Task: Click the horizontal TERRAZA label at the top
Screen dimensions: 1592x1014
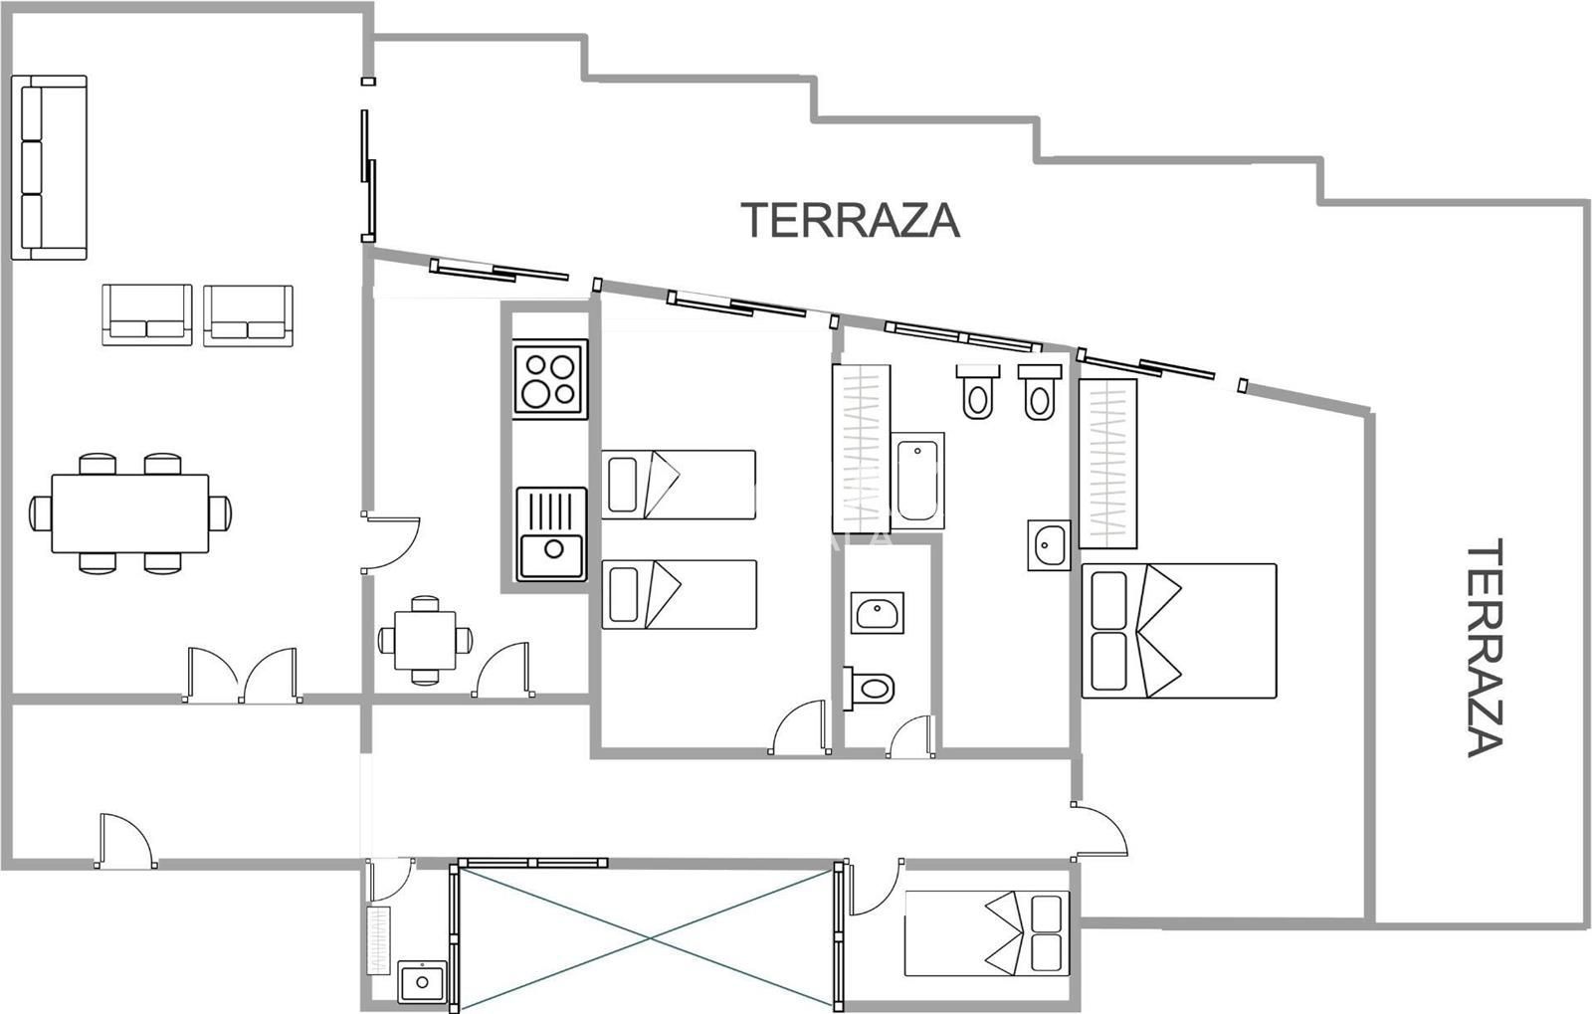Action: (850, 220)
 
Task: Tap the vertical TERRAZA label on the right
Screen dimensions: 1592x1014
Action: (1485, 648)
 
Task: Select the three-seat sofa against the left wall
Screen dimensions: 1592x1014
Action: (49, 168)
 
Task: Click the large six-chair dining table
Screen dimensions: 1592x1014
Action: (130, 513)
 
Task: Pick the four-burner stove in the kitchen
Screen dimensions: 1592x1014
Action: (550, 379)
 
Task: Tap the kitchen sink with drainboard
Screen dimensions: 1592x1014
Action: (551, 533)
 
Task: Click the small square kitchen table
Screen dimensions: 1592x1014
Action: (425, 640)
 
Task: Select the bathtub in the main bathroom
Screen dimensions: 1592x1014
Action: (917, 481)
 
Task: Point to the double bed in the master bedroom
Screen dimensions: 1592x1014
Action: (1179, 631)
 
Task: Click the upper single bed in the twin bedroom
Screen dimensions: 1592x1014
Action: (678, 485)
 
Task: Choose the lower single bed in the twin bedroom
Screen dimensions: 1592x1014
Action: (679, 594)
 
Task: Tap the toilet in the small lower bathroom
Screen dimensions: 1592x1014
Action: (868, 688)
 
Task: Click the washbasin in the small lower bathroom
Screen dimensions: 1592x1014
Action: (877, 613)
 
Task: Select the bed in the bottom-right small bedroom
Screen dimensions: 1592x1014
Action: (986, 933)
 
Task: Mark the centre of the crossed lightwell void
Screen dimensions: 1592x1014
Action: (648, 938)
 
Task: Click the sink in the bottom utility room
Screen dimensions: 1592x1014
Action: (422, 982)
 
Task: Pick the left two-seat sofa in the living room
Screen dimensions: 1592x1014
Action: (147, 314)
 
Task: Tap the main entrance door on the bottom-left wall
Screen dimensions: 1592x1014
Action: (125, 841)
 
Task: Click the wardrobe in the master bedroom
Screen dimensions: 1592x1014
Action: (1107, 464)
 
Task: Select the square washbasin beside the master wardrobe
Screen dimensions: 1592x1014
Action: (1049, 545)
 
